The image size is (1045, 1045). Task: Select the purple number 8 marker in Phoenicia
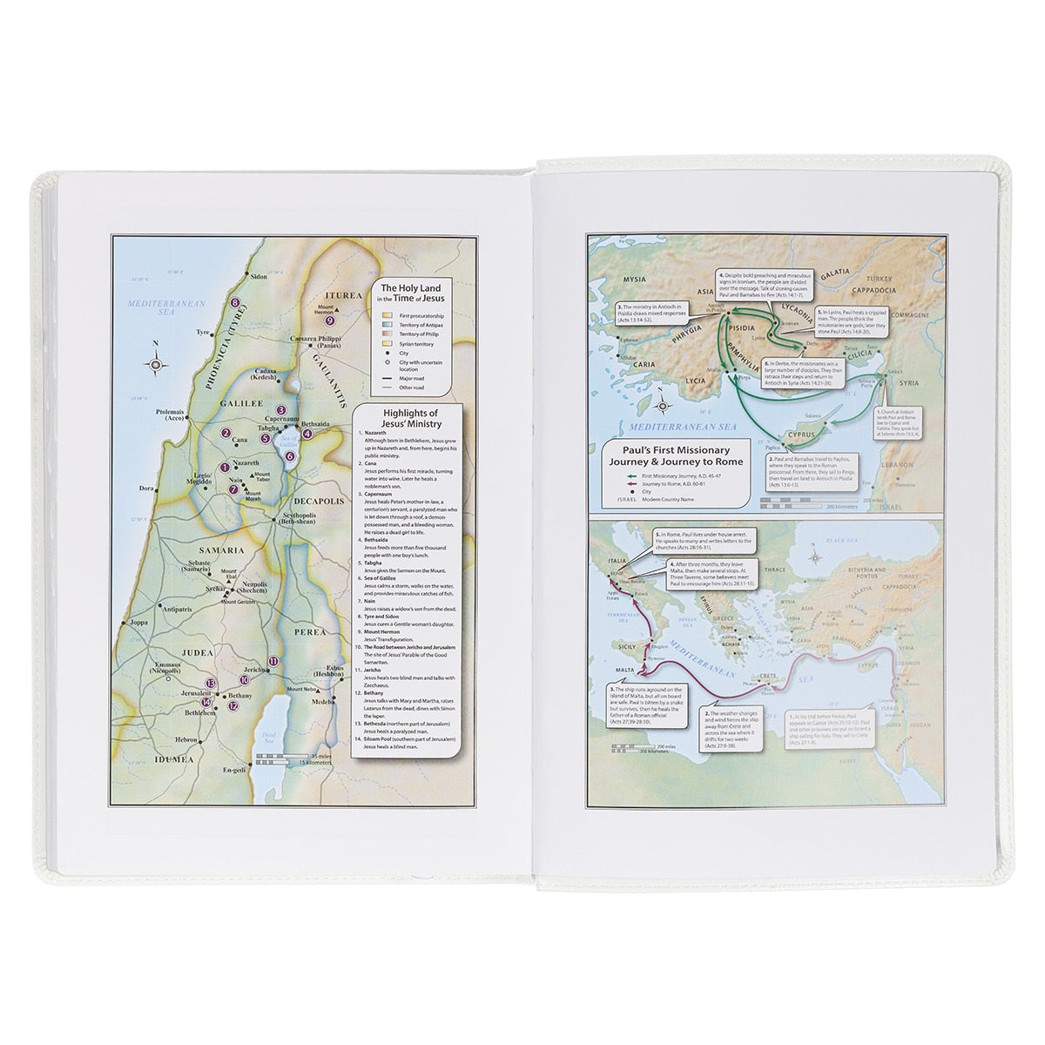click(234, 302)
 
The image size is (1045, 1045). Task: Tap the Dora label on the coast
click(146, 489)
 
